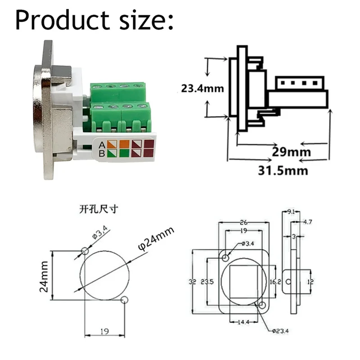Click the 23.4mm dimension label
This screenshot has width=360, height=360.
click(202, 88)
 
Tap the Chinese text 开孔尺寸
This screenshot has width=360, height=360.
click(98, 210)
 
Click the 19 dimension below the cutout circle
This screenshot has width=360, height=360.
click(104, 331)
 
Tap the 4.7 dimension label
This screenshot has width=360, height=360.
click(308, 222)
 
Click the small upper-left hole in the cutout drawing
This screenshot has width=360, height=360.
click(85, 251)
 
